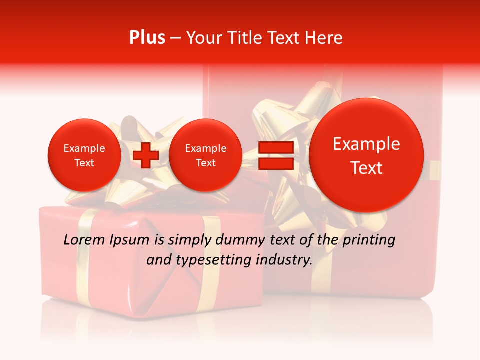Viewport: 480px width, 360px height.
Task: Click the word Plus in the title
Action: tap(147, 38)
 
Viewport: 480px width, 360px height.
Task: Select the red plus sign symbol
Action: tap(146, 155)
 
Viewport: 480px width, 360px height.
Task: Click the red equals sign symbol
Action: tap(275, 155)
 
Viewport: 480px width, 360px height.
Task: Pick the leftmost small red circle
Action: tap(84, 155)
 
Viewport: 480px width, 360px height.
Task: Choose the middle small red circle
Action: tap(205, 155)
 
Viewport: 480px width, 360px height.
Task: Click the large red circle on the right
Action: tap(366, 155)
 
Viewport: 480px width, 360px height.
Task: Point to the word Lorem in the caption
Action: tap(85, 240)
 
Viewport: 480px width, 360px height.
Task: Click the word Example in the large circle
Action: tap(366, 144)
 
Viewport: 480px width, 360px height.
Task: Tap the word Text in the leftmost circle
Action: tap(84, 163)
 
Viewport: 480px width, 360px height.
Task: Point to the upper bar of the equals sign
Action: tap(275, 147)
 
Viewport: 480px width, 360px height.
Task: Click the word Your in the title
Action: tap(202, 38)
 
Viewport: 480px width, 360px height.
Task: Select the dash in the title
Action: tap(175, 38)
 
